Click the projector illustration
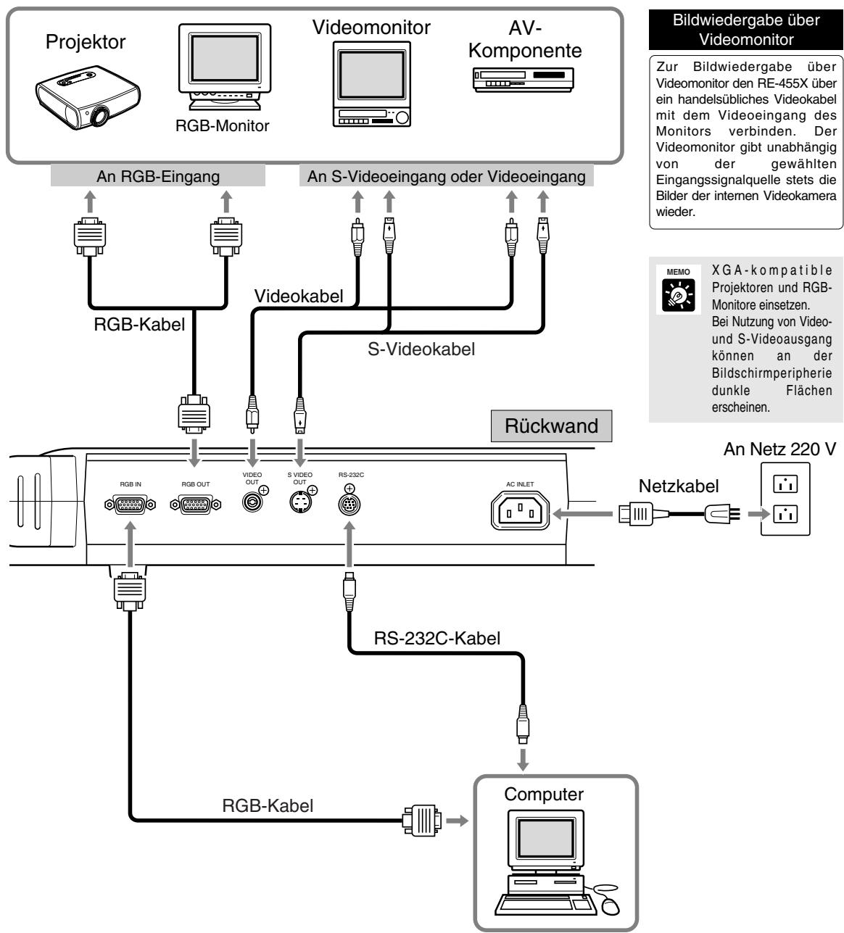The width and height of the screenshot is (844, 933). (88, 96)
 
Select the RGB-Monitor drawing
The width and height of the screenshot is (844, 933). (225, 67)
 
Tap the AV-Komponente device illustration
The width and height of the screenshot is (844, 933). (523, 80)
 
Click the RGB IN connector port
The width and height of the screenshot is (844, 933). (131, 504)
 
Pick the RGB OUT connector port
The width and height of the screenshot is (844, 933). (196, 504)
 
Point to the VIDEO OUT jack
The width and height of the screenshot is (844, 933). (252, 502)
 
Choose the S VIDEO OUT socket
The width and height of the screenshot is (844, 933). (301, 502)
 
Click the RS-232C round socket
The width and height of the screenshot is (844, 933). (349, 505)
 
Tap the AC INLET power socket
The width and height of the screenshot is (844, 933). (520, 510)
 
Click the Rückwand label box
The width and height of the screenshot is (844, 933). (551, 426)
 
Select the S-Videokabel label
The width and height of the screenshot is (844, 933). (421, 349)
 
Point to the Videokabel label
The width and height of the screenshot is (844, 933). (298, 296)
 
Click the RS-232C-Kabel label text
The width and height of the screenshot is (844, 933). (437, 638)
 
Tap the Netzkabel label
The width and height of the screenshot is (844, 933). (679, 486)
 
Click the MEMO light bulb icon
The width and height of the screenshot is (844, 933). (679, 295)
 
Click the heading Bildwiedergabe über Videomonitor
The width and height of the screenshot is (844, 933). (746, 30)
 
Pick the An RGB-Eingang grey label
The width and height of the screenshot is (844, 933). (158, 176)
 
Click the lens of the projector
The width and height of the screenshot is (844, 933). (99, 115)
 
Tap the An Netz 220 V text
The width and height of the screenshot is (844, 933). (779, 449)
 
